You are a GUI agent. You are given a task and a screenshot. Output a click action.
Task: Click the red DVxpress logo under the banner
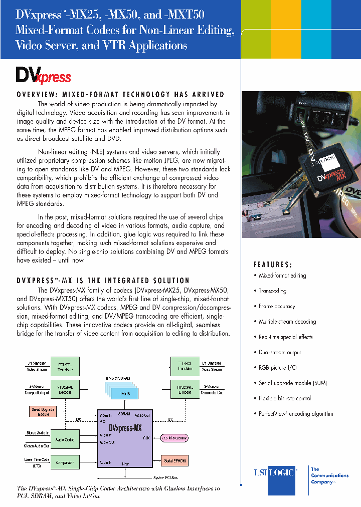pyautogui.click(x=43, y=75)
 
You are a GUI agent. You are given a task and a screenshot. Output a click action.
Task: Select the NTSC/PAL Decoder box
pyautogui.click(x=65, y=389)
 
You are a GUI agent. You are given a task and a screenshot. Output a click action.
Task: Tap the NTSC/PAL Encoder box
pyautogui.click(x=185, y=389)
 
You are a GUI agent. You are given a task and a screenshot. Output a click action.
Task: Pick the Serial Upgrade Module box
pyautogui.click(x=43, y=411)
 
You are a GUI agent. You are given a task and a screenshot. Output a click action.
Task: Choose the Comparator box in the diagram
pyautogui.click(x=65, y=462)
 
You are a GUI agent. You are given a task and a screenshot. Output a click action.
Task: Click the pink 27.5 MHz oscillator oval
pyautogui.click(x=175, y=437)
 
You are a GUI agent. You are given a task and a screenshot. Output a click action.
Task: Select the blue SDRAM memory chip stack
pyautogui.click(x=121, y=392)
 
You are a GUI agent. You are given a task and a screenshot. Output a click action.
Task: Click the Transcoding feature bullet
pyautogui.click(x=272, y=291)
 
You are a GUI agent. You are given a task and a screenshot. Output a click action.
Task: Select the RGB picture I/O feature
pyautogui.click(x=277, y=367)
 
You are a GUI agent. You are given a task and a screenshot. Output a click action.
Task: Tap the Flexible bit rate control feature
pyautogui.click(x=285, y=398)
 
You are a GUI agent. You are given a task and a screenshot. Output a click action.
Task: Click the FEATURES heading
pyautogui.click(x=273, y=265)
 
